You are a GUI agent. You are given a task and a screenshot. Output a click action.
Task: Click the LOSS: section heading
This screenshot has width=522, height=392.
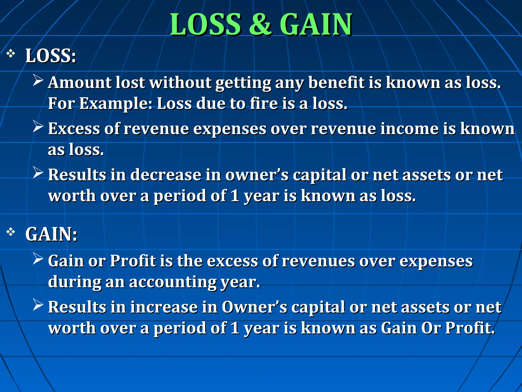tap(51, 56)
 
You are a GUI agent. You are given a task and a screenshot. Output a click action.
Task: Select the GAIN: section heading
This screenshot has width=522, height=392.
tap(51, 234)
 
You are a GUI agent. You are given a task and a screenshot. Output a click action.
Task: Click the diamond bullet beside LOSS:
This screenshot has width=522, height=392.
tap(11, 54)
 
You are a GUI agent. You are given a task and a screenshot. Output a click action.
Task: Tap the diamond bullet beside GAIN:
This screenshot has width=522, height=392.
tap(11, 232)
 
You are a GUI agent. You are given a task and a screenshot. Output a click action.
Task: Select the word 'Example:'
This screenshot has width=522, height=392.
tap(116, 104)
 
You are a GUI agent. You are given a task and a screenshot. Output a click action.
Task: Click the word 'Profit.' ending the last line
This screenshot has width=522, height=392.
tap(470, 328)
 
